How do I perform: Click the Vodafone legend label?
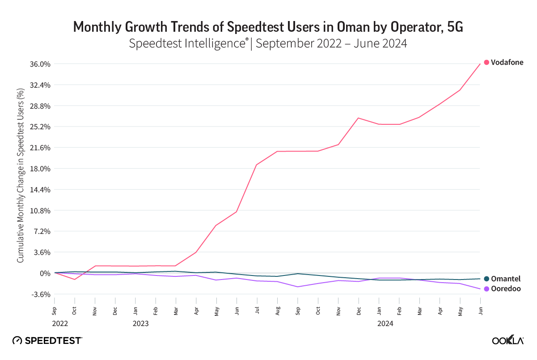coord(507,63)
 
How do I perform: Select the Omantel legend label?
coord(506,279)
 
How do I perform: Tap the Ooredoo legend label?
coord(506,289)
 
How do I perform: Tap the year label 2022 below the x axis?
coord(59,323)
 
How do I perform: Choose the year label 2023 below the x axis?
coord(141,323)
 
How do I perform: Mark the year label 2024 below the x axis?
coord(385,323)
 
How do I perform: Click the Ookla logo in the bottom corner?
coord(507,341)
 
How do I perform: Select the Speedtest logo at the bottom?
coord(47,340)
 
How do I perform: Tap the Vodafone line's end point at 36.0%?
coord(480,64)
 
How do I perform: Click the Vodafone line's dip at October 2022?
coord(75,280)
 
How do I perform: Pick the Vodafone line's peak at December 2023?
coord(358,118)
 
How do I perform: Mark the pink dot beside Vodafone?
coord(486,63)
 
